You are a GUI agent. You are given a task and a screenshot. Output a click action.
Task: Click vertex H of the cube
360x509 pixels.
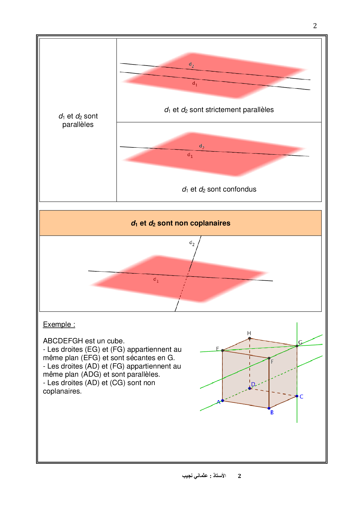(249, 338)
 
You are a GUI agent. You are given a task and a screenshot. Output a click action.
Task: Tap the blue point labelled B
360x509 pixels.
(269, 408)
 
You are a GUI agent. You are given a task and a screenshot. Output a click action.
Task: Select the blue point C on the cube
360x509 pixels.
(297, 396)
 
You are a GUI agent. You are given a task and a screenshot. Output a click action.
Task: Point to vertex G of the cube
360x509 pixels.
(297, 346)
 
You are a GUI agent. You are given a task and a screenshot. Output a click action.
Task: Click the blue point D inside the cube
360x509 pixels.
(250, 388)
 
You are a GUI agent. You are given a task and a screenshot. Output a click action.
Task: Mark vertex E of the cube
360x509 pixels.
(223, 351)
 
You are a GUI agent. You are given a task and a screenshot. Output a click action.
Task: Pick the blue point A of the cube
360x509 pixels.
(223, 401)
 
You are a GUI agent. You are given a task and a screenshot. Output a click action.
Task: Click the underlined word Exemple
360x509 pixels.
(57, 324)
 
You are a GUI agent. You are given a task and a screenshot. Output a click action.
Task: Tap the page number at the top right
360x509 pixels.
(315, 26)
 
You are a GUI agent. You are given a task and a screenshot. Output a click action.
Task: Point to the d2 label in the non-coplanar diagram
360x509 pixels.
(192, 243)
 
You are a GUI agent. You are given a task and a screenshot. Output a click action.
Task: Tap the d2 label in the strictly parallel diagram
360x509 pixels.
(191, 65)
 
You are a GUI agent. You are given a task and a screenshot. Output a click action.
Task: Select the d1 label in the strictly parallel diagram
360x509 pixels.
(195, 84)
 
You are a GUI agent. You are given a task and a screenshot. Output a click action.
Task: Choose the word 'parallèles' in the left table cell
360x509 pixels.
(78, 124)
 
